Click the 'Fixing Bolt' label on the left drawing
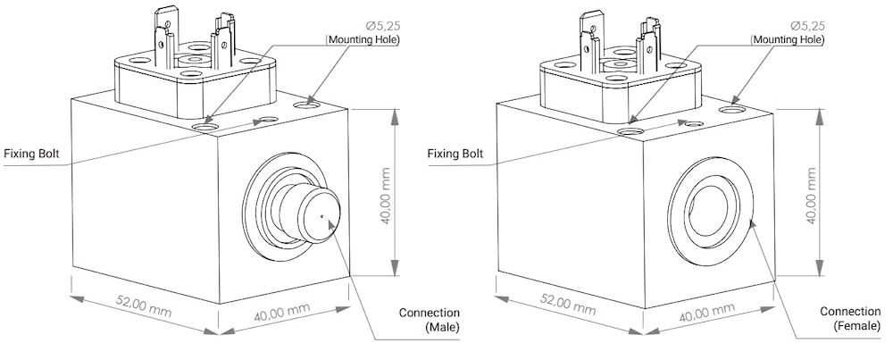pos(32,154)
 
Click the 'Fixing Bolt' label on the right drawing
pos(455,154)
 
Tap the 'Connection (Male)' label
pos(430,320)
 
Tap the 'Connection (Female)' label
pos(850,319)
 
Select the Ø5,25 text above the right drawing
pos(807,26)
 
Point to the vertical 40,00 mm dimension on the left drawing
pos(385,196)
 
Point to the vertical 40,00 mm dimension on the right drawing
pos(811,196)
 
